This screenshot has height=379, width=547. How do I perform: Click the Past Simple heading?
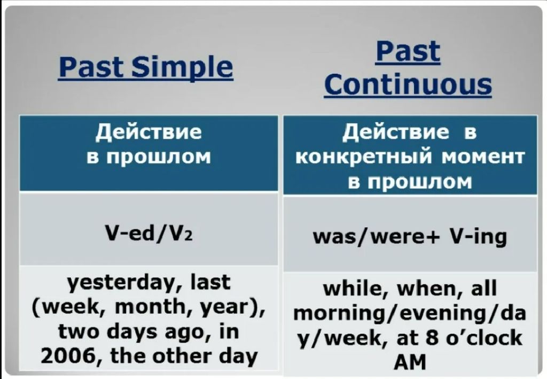[146, 67]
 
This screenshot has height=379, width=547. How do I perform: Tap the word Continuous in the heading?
[408, 84]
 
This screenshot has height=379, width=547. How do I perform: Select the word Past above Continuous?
[408, 52]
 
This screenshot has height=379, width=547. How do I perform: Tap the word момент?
[483, 157]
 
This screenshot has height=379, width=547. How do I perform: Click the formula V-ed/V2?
[149, 233]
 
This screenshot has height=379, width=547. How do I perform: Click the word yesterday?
[123, 283]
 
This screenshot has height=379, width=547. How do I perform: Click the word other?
[182, 357]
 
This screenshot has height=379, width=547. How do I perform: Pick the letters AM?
[410, 362]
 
